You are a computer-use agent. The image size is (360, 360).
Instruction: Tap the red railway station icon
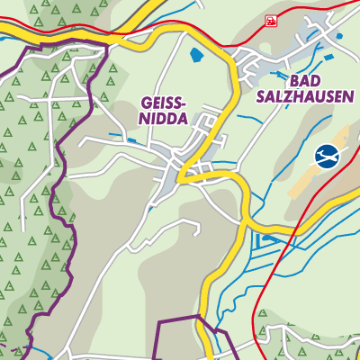click(270, 20)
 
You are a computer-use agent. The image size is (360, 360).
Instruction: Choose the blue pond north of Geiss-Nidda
click(196, 55)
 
